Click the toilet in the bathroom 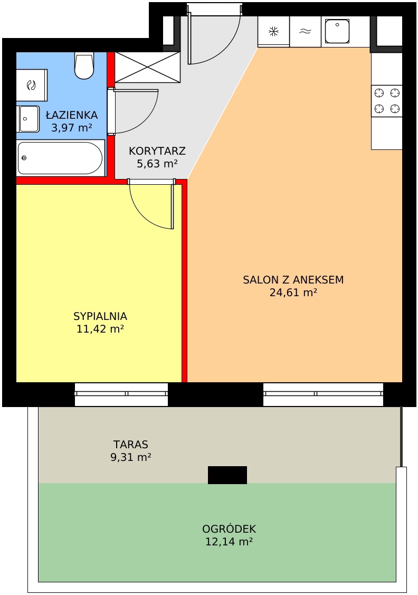[84, 65]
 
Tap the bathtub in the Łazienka [61, 158]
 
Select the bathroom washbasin [28, 119]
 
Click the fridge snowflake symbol [273, 32]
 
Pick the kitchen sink [338, 31]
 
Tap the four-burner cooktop [387, 100]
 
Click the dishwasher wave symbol [306, 32]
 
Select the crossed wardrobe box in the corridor [148, 67]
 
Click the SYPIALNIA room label [100, 316]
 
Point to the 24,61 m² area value [293, 292]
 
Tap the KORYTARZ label [157, 151]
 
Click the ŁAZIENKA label [72, 115]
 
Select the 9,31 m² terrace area [131, 457]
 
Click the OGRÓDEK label [229, 528]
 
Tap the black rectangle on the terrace [227, 475]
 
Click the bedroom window [121, 394]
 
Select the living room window [323, 394]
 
